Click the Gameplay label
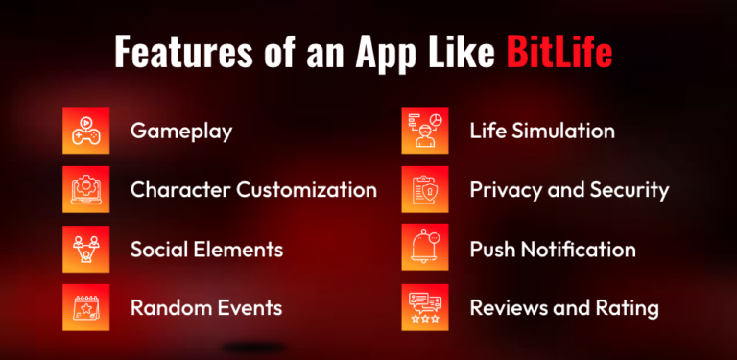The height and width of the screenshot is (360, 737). pos(181,131)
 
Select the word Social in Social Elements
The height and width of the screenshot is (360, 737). pos(160,249)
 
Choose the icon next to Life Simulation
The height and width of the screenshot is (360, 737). pos(424,131)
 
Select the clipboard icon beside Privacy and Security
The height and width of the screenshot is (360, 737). pos(424,189)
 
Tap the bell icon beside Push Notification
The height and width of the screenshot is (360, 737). pos(424,249)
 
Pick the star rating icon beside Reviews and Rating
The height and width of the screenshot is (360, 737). pos(424,308)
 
